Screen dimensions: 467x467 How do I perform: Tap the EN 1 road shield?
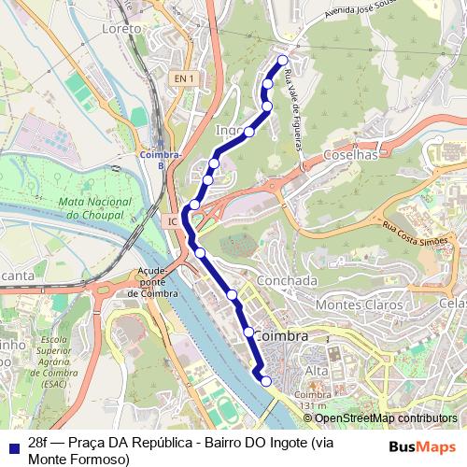[183, 79]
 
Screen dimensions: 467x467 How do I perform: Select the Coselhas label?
[350, 155]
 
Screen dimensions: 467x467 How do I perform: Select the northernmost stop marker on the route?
[283, 61]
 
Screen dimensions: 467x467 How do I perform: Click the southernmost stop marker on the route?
[266, 381]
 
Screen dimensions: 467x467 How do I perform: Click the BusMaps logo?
[423, 446]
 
